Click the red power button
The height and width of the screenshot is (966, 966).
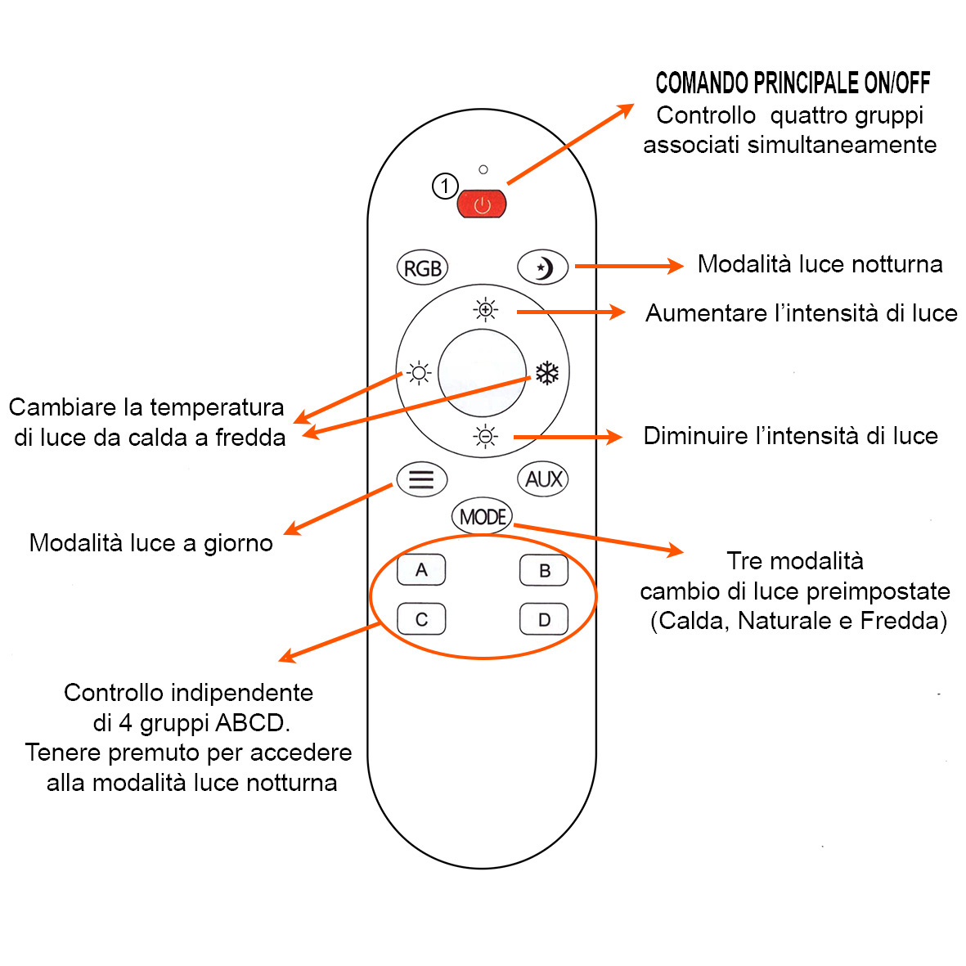point(482,204)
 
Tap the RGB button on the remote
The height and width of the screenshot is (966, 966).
point(423,268)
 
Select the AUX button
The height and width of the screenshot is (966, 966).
point(543,479)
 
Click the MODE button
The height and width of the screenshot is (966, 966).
point(483,517)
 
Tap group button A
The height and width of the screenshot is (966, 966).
point(421,570)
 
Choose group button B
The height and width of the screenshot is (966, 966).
point(544,571)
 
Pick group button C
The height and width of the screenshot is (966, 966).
point(421,619)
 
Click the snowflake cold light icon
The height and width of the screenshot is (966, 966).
point(546,374)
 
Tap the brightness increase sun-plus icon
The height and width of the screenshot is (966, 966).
point(486,310)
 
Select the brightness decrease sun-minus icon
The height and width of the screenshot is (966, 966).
point(486,437)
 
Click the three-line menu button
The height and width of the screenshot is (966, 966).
point(421,479)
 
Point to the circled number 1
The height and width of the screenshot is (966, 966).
point(444,186)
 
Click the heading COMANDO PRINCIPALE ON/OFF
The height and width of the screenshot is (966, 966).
point(793,83)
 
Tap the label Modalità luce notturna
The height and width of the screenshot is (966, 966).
point(820,264)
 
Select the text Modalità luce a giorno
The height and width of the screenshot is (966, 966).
point(151,543)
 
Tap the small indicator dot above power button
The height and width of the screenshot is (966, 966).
point(483,169)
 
